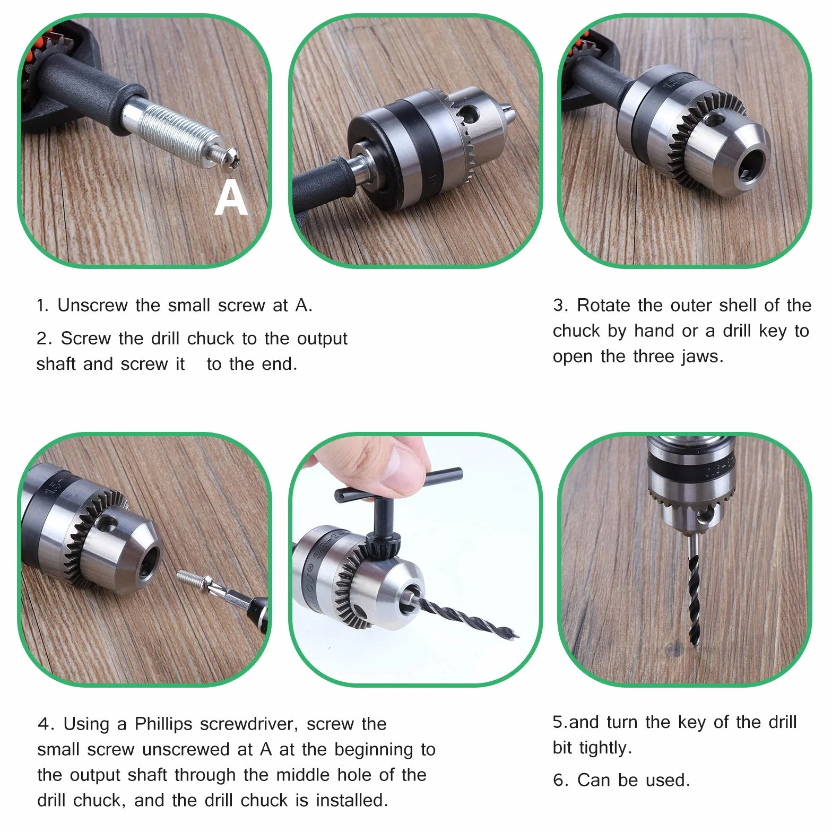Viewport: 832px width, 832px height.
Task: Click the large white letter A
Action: pos(231,197)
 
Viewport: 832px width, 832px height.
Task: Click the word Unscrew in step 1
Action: pos(93,305)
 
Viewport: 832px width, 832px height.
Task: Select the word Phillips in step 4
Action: pos(163,724)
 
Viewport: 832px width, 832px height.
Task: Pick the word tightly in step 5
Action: pos(605,748)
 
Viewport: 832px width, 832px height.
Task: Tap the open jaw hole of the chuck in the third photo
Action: pos(751,164)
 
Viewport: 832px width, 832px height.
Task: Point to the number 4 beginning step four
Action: pos(44,724)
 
